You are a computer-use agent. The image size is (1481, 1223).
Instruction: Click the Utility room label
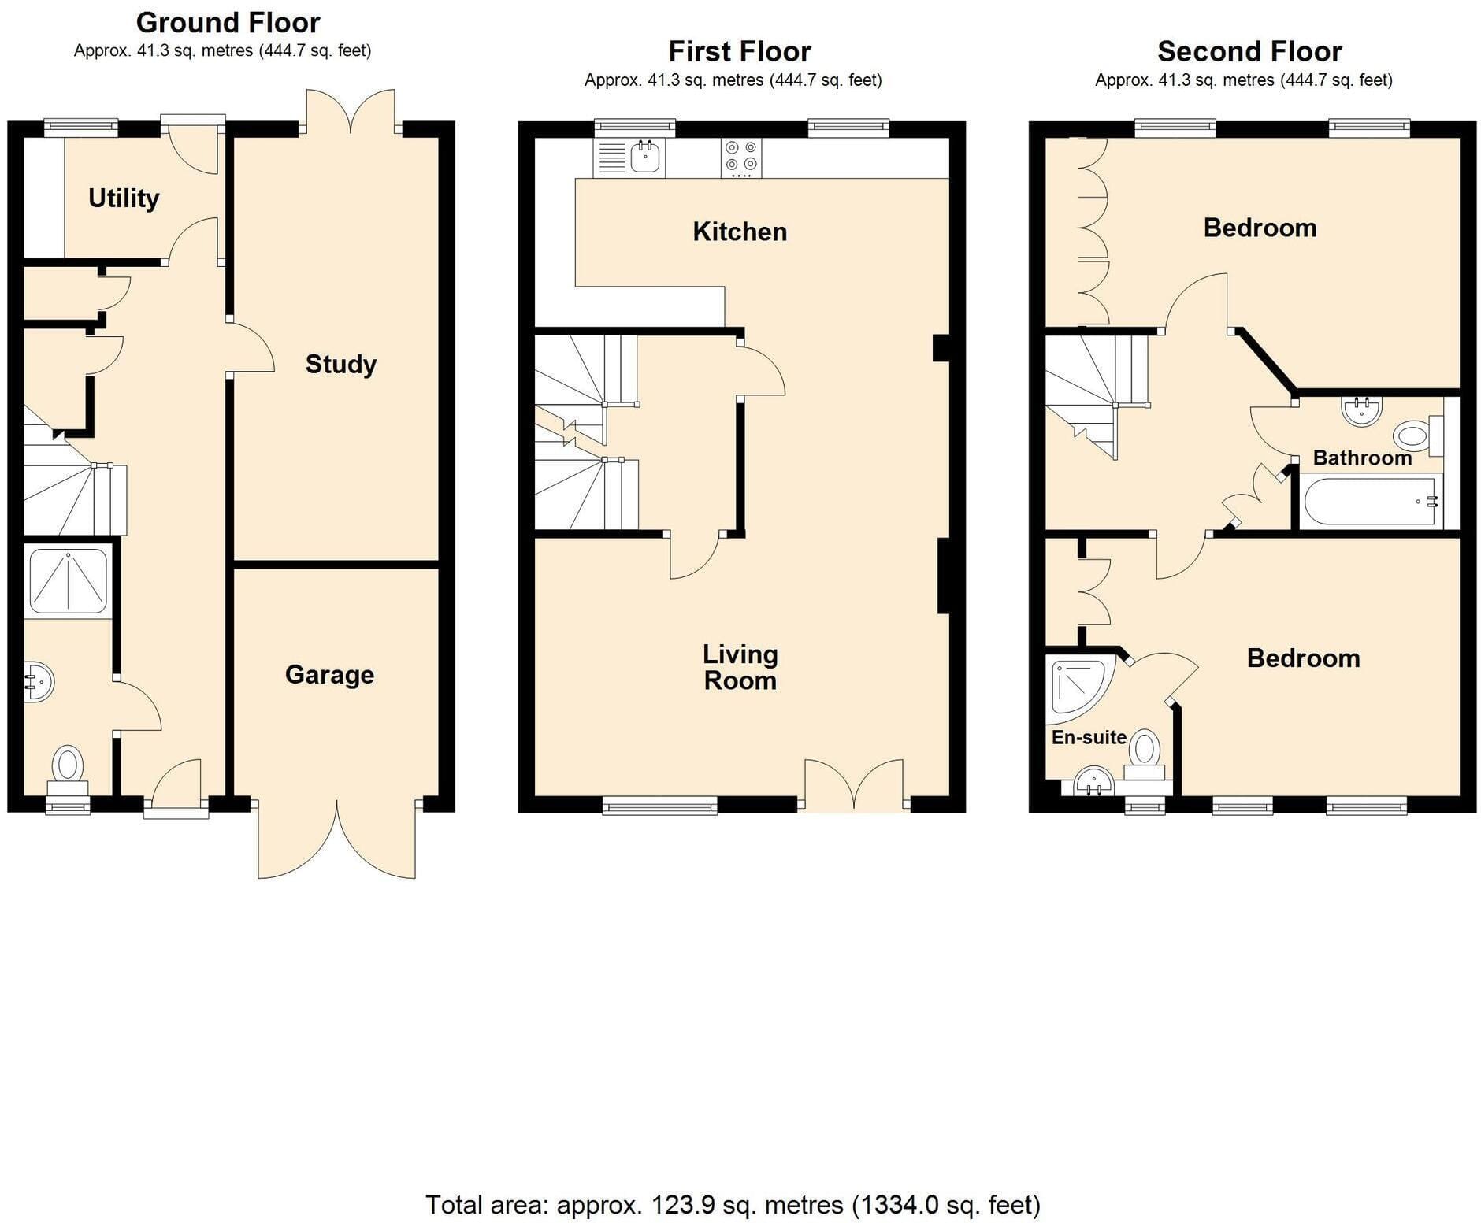pos(124,198)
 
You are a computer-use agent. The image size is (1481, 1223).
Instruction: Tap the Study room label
pos(341,364)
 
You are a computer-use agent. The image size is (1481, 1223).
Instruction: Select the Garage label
pos(329,675)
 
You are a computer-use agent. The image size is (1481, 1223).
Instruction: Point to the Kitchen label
pos(740,232)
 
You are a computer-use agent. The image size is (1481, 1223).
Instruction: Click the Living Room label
pos(740,667)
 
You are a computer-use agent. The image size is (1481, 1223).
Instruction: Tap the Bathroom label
pos(1362,458)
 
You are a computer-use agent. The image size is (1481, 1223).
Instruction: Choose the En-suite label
pos(1089,737)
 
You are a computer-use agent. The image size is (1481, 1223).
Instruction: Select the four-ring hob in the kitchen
pos(741,158)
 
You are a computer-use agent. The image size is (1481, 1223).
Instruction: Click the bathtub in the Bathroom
pos(1372,502)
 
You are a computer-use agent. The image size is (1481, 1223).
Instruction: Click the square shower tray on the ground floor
pos(68,580)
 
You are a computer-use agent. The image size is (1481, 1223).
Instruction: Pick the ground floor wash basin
pos(38,681)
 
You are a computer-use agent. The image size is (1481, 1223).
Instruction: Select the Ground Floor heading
pos(228,22)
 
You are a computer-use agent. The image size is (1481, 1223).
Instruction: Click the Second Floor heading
pos(1249,51)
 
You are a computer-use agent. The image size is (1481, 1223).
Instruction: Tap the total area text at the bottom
pos(733,1205)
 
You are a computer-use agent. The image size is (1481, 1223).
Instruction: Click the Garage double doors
pos(337,839)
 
